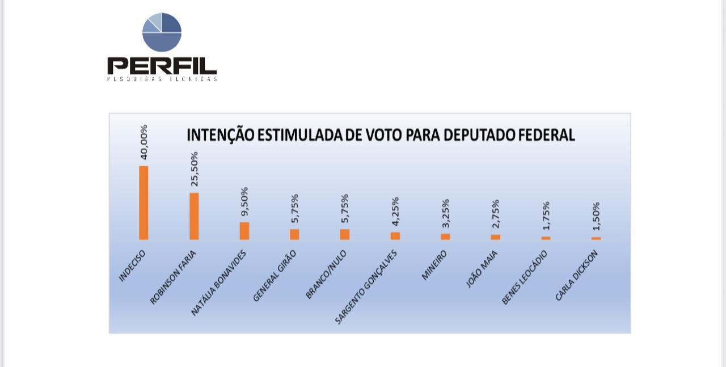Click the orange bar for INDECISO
(x=143, y=203)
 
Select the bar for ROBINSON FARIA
(x=194, y=216)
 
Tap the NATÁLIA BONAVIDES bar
(x=244, y=231)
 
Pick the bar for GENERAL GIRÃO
(x=294, y=234)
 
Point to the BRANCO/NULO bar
(x=345, y=234)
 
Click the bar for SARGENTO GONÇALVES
(x=395, y=236)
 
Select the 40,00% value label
(x=143, y=142)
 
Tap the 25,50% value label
(x=194, y=169)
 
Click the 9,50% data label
(x=244, y=201)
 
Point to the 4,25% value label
(x=395, y=212)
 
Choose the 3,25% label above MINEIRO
(x=446, y=213)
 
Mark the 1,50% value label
(x=596, y=216)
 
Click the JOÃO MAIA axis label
(x=482, y=269)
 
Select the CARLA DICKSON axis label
(x=576, y=276)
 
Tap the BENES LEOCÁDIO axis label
(x=524, y=277)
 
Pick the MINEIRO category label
(x=434, y=265)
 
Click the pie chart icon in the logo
(x=162, y=32)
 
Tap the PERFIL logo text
(x=162, y=65)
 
